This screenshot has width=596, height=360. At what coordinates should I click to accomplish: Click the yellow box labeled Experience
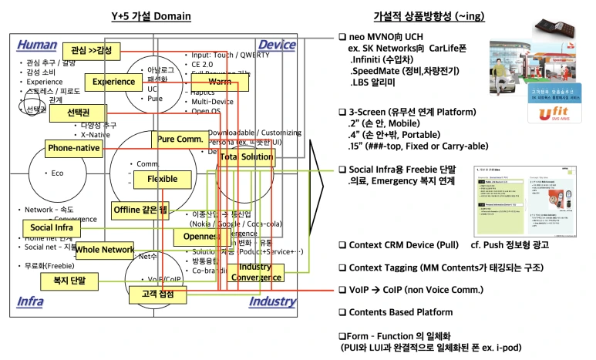coord(114,82)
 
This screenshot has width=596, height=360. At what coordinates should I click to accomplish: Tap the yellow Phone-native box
coord(74,147)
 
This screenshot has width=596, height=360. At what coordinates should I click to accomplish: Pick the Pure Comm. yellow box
coord(180,140)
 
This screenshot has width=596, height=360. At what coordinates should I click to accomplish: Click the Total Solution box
coord(247,157)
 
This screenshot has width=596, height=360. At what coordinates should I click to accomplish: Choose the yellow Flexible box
coord(157,179)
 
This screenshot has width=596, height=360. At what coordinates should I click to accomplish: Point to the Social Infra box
coord(51,228)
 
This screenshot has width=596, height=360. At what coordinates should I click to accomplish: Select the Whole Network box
coord(105,250)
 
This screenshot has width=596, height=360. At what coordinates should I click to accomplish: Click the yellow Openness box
coord(201,237)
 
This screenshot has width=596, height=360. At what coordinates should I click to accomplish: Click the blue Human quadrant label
coord(37,45)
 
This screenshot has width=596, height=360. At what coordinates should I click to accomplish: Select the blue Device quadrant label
coord(277,45)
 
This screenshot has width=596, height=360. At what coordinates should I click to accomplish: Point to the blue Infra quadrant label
coord(31,301)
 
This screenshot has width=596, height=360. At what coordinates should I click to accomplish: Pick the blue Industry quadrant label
coord(272,301)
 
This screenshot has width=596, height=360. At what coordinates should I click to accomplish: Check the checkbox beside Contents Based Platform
coord(342,312)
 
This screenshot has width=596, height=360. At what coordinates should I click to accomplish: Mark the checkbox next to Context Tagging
coord(342,267)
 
